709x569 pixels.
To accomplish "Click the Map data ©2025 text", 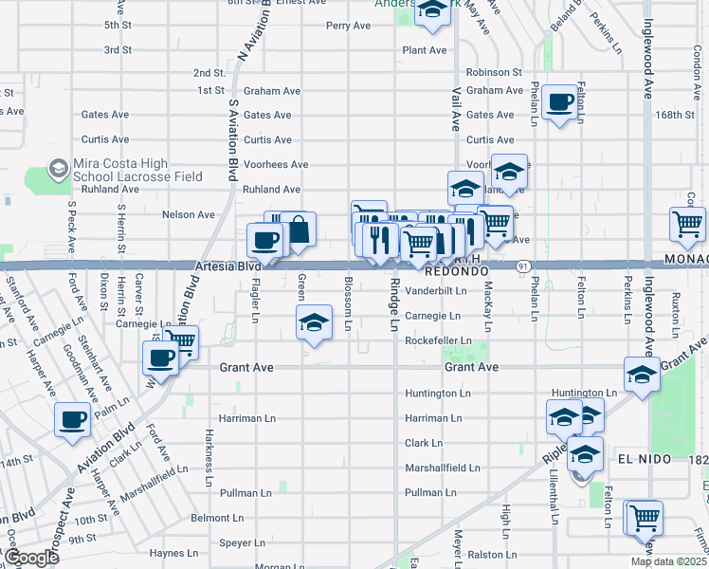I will (x=669, y=561).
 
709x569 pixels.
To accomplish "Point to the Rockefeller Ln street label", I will (x=438, y=340).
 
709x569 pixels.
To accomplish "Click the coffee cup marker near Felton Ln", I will (x=559, y=101).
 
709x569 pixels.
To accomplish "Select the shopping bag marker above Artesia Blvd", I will (x=298, y=230).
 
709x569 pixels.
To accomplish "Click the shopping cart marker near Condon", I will (x=687, y=225).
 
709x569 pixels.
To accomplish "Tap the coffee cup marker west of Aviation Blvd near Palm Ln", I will (x=73, y=419).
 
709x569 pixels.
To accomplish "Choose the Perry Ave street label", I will (x=348, y=26).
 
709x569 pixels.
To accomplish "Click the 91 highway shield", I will (x=522, y=267).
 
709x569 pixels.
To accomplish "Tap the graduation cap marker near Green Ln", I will (x=314, y=322).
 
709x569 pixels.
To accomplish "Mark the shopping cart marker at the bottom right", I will (x=644, y=518).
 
